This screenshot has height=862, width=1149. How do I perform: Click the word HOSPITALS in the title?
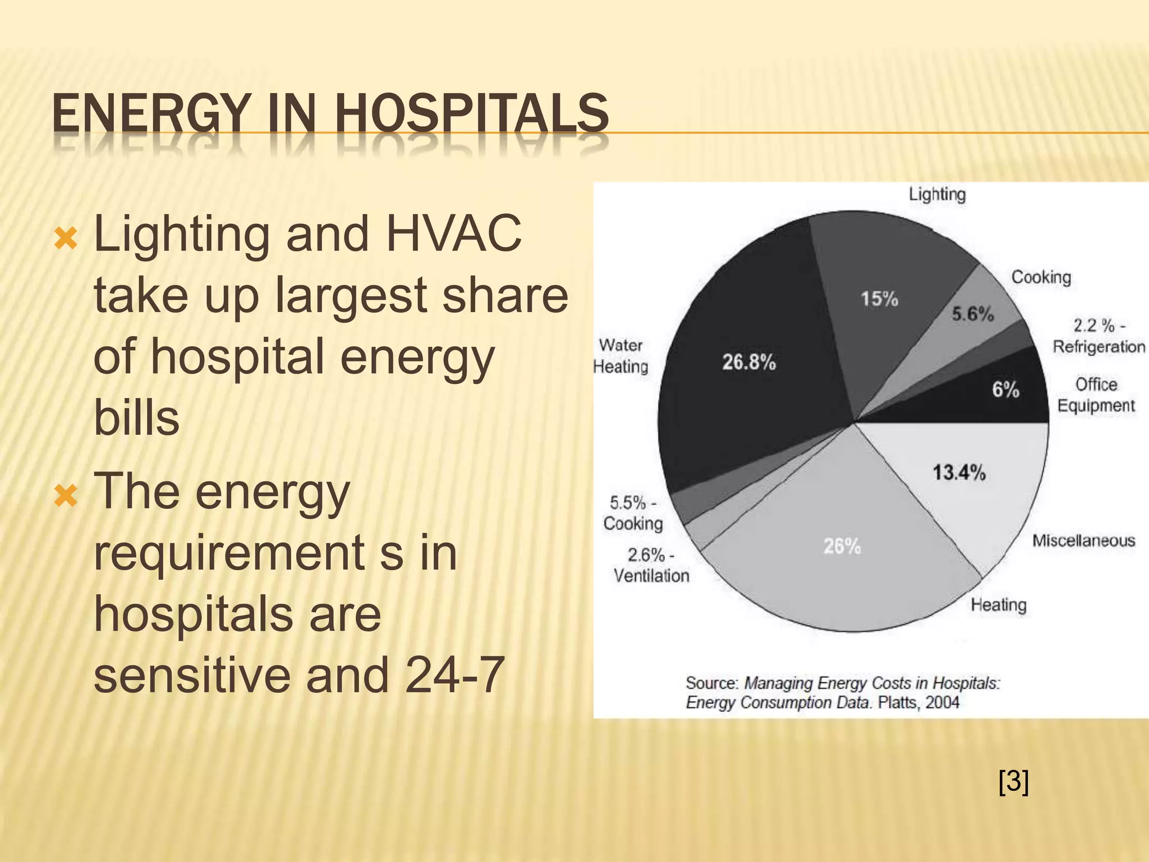coord(471,114)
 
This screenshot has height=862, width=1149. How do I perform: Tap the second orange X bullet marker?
coord(66,496)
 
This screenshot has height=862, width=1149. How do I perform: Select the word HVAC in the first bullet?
coord(453,234)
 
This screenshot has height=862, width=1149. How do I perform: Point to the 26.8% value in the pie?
coord(748,363)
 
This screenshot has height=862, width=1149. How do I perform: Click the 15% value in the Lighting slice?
coord(879,299)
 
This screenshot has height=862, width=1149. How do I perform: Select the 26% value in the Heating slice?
coord(842,546)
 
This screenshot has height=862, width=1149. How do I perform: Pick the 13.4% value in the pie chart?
coord(959,473)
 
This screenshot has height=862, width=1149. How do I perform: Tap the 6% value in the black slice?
coord(1005,389)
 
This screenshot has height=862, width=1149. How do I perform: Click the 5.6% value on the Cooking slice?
coord(972,314)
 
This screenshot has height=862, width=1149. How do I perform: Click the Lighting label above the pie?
coord(937,195)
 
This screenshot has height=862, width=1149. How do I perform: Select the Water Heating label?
coord(621,356)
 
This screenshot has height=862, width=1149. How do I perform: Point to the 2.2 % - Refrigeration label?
coord(1099,336)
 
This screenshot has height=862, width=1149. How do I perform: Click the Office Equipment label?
coord(1096,395)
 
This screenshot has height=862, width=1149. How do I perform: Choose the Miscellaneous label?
coord(1083,540)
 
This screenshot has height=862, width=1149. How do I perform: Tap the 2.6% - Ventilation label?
coord(651,565)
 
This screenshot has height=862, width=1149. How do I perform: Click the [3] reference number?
coord(1013,782)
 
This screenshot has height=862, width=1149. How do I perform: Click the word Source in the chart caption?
coord(711,683)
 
